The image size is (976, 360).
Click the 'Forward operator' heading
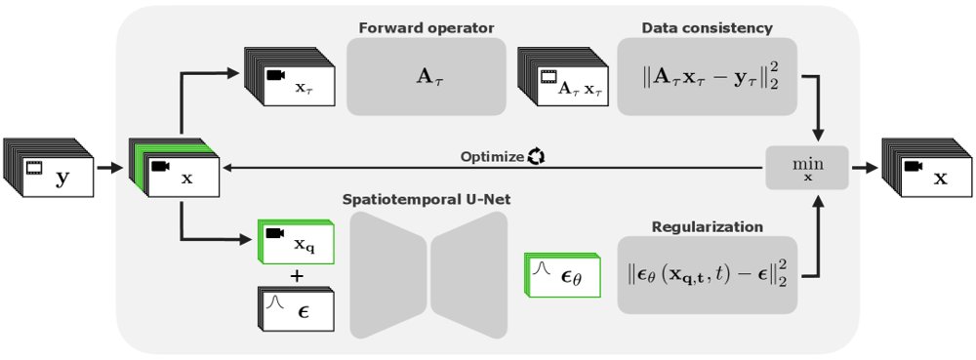[x=427, y=28]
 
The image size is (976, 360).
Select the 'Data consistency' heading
[x=707, y=28]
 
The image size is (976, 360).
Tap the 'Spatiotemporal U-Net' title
[x=427, y=200]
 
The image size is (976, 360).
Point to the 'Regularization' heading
[x=707, y=227]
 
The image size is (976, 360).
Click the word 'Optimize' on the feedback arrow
[x=492, y=157]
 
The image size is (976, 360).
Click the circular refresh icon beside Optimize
[x=536, y=156]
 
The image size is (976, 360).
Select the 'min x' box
[x=807, y=168]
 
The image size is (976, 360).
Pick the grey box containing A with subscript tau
[x=427, y=76]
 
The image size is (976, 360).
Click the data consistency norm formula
[x=707, y=76]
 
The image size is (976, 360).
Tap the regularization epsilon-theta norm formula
[x=707, y=275]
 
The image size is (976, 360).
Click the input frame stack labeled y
[x=49, y=168]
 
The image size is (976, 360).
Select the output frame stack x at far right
[x=927, y=168]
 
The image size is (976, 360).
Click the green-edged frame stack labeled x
[x=175, y=168]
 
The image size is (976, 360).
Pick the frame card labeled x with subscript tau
[x=290, y=76]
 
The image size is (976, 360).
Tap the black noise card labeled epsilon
[x=297, y=308]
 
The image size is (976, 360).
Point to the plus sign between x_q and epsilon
[x=297, y=275]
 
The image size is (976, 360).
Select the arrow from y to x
[x=110, y=168]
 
